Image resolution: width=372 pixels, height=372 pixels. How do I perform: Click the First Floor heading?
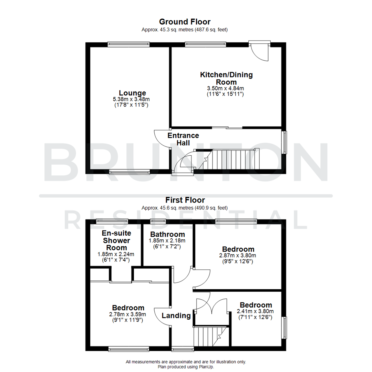[x=185, y=200]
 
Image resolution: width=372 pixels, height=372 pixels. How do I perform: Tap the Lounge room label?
[x=132, y=93]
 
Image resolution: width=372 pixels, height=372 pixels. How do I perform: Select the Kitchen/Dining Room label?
[x=226, y=78]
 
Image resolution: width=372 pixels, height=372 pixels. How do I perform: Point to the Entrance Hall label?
[x=183, y=139]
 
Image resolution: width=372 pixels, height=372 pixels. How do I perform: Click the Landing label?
[x=176, y=316]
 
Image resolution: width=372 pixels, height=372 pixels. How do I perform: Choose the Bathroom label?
[x=167, y=234]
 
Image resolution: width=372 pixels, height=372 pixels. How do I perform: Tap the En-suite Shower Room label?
[x=116, y=240]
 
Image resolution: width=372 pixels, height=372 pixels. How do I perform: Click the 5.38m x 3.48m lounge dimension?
[x=132, y=99]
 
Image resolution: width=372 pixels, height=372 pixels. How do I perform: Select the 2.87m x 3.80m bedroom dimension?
[x=238, y=256]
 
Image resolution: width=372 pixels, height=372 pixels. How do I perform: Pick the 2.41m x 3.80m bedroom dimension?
[x=256, y=311]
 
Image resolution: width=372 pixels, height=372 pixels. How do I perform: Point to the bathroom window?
[x=158, y=221]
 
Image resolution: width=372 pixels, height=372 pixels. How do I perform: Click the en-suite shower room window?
[x=112, y=221]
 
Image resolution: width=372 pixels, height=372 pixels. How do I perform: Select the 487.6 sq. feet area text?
[x=211, y=30]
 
